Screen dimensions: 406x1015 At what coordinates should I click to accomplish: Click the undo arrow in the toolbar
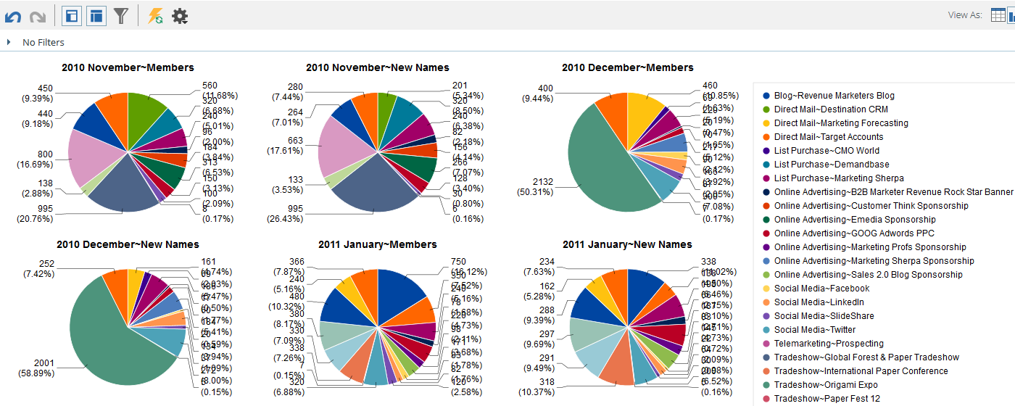13,16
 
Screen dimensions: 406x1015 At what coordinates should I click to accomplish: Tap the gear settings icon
180,16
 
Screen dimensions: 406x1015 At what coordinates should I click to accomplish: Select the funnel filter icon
120,16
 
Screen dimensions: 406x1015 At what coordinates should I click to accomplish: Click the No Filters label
43,43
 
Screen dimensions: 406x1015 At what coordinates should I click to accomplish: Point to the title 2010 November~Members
128,67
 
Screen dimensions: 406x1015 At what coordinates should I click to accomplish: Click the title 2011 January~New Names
627,244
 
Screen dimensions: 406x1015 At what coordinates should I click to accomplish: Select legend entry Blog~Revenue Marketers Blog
834,96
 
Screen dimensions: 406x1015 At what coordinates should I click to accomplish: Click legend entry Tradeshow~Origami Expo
826,385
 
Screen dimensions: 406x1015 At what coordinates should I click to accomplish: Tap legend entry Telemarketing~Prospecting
829,344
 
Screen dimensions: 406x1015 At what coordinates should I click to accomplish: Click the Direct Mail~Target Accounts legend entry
829,137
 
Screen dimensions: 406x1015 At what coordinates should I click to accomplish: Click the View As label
965,15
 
